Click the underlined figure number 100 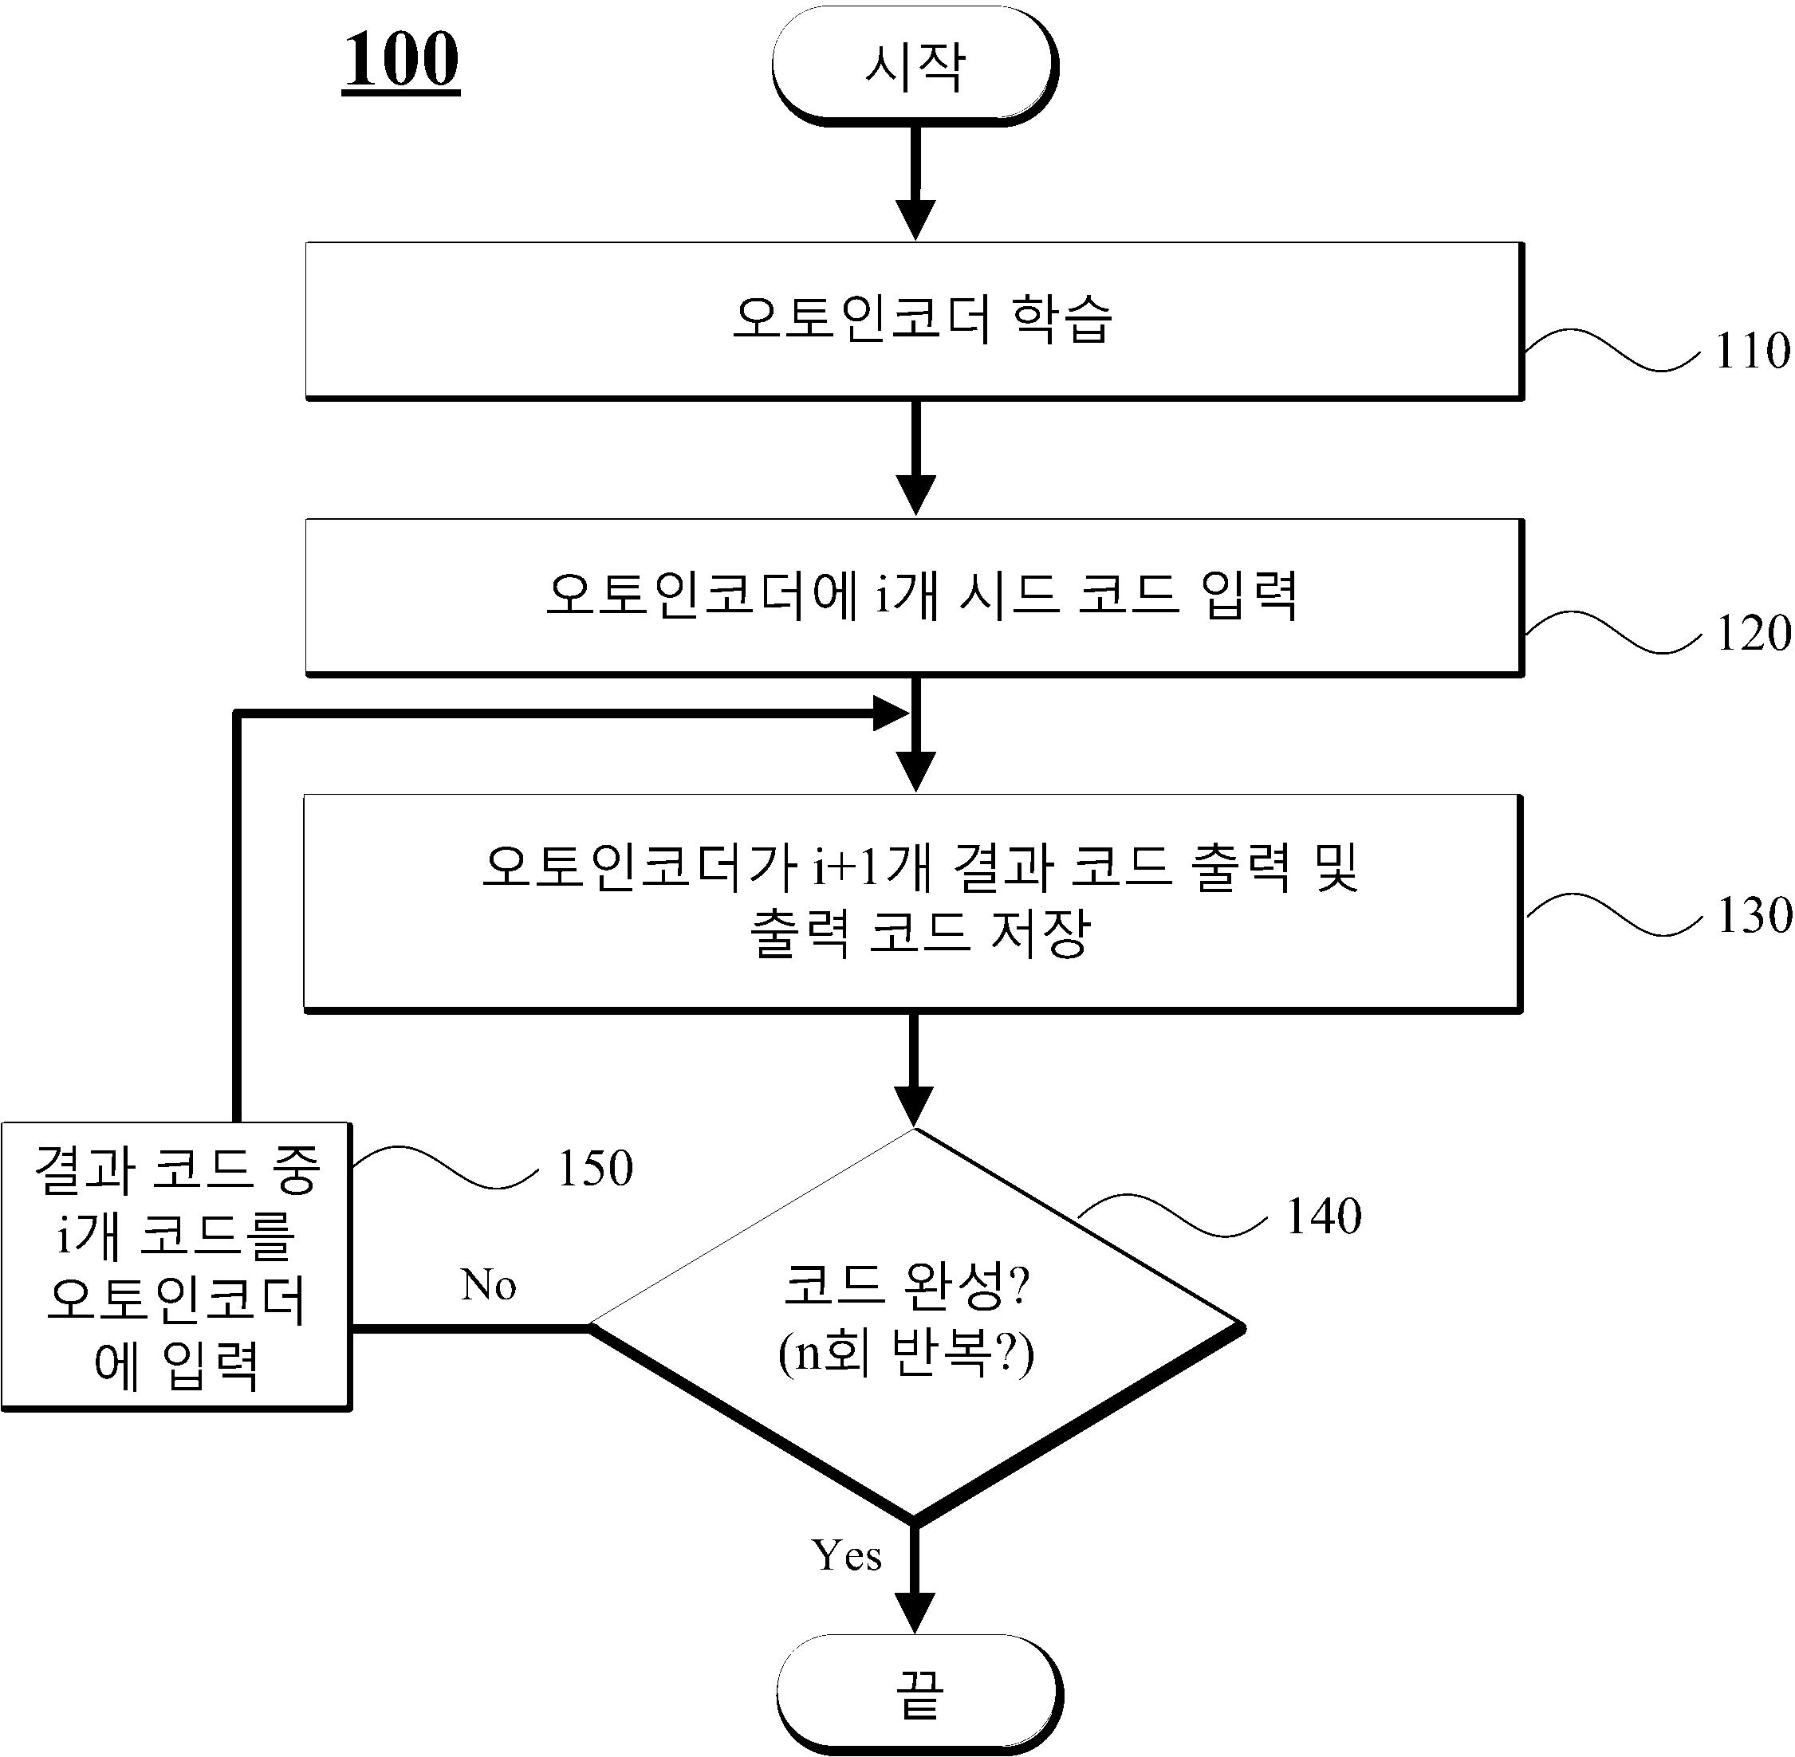(x=401, y=61)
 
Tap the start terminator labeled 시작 (x=915, y=65)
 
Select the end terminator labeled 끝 (x=919, y=1692)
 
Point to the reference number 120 (x=1753, y=634)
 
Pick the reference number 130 (x=1754, y=915)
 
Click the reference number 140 (x=1324, y=1217)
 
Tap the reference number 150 (x=595, y=1168)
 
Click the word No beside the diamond (x=488, y=1284)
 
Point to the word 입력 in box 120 (x=1250, y=595)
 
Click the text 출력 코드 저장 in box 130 (x=920, y=933)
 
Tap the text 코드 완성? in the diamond (x=905, y=1284)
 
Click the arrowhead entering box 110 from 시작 (x=915, y=220)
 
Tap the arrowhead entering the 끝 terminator (x=915, y=1613)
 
